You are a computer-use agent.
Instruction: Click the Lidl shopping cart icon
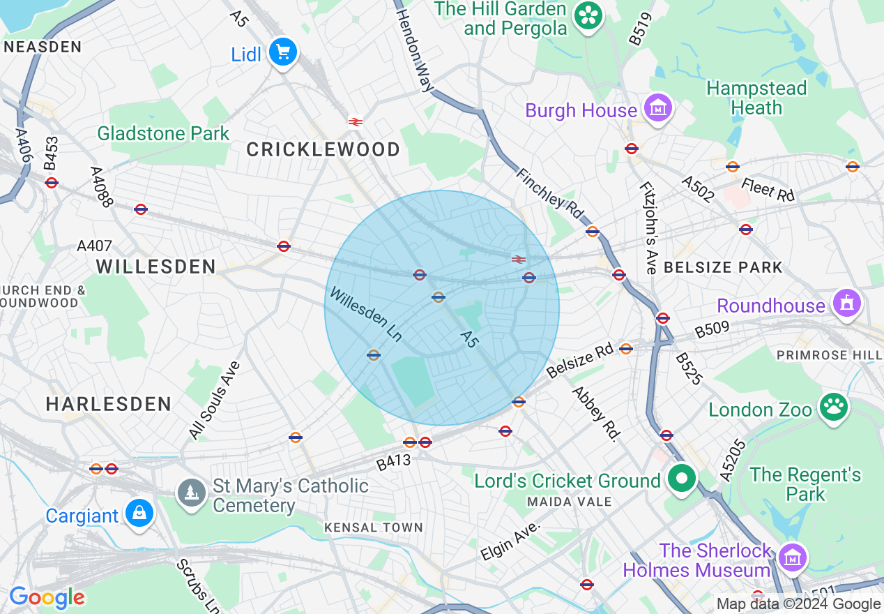coord(283,52)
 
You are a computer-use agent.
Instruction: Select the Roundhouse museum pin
coord(846,304)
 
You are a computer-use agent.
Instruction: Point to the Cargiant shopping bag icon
coord(139,514)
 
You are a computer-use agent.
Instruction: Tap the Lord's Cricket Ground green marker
coord(682,479)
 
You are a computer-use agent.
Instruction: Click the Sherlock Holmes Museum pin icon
coord(792,557)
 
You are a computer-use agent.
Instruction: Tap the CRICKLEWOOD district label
coord(323,149)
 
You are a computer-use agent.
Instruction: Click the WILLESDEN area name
coord(155,266)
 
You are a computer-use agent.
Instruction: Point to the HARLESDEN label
coord(108,404)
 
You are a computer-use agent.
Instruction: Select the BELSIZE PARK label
coord(723,267)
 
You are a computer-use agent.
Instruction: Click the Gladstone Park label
coord(163,133)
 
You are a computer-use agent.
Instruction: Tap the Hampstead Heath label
coord(756,98)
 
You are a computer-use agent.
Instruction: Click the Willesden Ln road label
coord(365,315)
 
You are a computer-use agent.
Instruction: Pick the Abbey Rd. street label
coord(596,414)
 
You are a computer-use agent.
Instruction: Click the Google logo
coord(47,597)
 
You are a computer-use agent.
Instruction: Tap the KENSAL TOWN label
coord(374,527)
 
